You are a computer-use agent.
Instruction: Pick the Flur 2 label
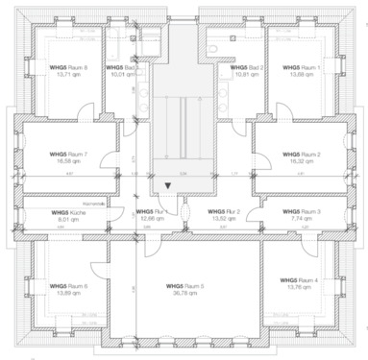[x=213, y=211]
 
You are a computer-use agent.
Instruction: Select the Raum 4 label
[x=297, y=280]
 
